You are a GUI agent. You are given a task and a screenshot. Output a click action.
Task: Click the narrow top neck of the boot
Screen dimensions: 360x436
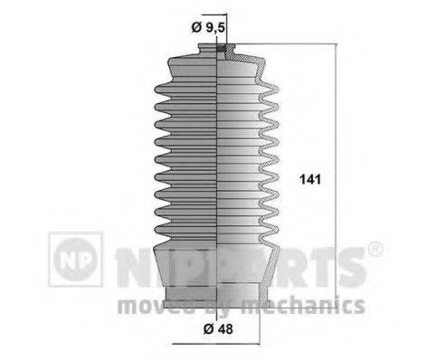[223, 50]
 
